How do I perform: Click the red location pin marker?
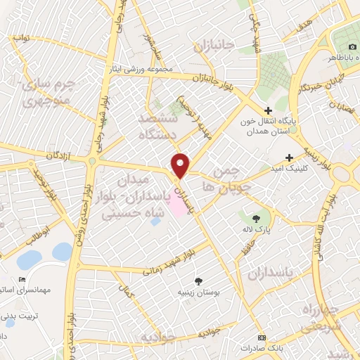(181, 165)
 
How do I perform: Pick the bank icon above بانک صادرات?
(261, 337)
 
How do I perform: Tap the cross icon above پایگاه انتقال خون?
(268, 110)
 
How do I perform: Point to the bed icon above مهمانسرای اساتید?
(22, 279)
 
